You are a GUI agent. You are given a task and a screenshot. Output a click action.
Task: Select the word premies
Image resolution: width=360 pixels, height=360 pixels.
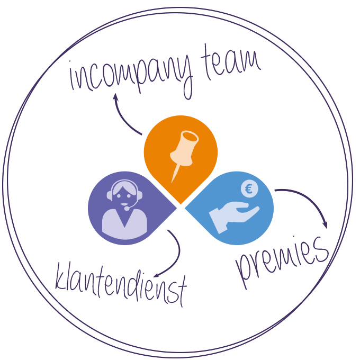coord(282,259)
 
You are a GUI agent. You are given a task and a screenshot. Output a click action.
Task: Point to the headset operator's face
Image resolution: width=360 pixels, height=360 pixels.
coord(124,194)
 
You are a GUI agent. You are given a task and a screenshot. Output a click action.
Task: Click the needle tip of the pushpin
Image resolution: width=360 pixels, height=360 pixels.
coord(172,181)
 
